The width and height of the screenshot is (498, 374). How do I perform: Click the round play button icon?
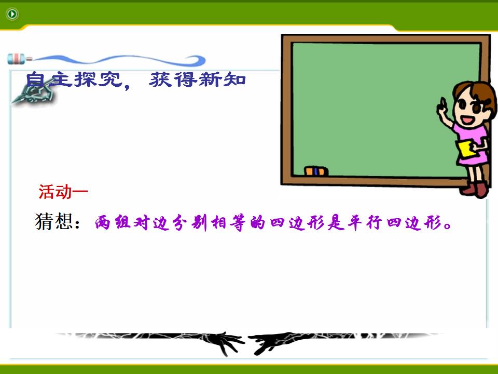point(12,14)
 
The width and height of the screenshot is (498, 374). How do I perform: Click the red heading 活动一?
point(63,192)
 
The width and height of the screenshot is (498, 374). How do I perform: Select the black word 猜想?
point(53,221)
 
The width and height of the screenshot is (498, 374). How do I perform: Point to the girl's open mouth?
point(467,120)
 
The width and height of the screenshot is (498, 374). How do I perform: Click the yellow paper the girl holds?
point(466,149)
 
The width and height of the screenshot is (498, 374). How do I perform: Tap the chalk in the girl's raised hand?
point(442,102)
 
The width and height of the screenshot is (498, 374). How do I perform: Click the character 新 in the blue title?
point(210,79)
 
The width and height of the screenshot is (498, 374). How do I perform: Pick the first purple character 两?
point(103,222)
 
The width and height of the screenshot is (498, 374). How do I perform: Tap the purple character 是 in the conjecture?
point(336,222)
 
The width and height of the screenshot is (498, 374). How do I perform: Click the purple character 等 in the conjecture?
point(238,222)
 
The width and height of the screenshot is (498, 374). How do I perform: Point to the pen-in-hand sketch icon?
point(34,92)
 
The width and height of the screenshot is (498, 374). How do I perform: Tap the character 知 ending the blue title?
point(234,79)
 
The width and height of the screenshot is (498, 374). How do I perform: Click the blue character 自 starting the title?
point(35,79)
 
